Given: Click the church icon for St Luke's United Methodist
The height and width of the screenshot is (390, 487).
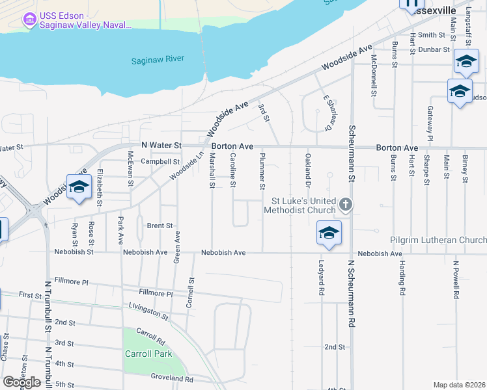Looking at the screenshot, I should pos(346,205).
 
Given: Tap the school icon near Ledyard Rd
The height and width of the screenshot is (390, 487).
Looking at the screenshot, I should pos(329,233).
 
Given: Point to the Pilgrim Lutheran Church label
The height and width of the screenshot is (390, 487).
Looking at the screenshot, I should pos(438,240).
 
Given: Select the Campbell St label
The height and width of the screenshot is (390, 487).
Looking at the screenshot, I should pos(160,161).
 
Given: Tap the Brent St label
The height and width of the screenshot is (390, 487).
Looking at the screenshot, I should pos(160,226).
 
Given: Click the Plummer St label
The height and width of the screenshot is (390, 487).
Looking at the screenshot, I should pos(262,167).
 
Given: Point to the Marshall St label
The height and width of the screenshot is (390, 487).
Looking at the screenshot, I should pos(212,170).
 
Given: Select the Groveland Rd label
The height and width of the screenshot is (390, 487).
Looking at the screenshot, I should pos(171,378).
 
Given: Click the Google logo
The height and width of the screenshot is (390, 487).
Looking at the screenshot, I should pos(21,382).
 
